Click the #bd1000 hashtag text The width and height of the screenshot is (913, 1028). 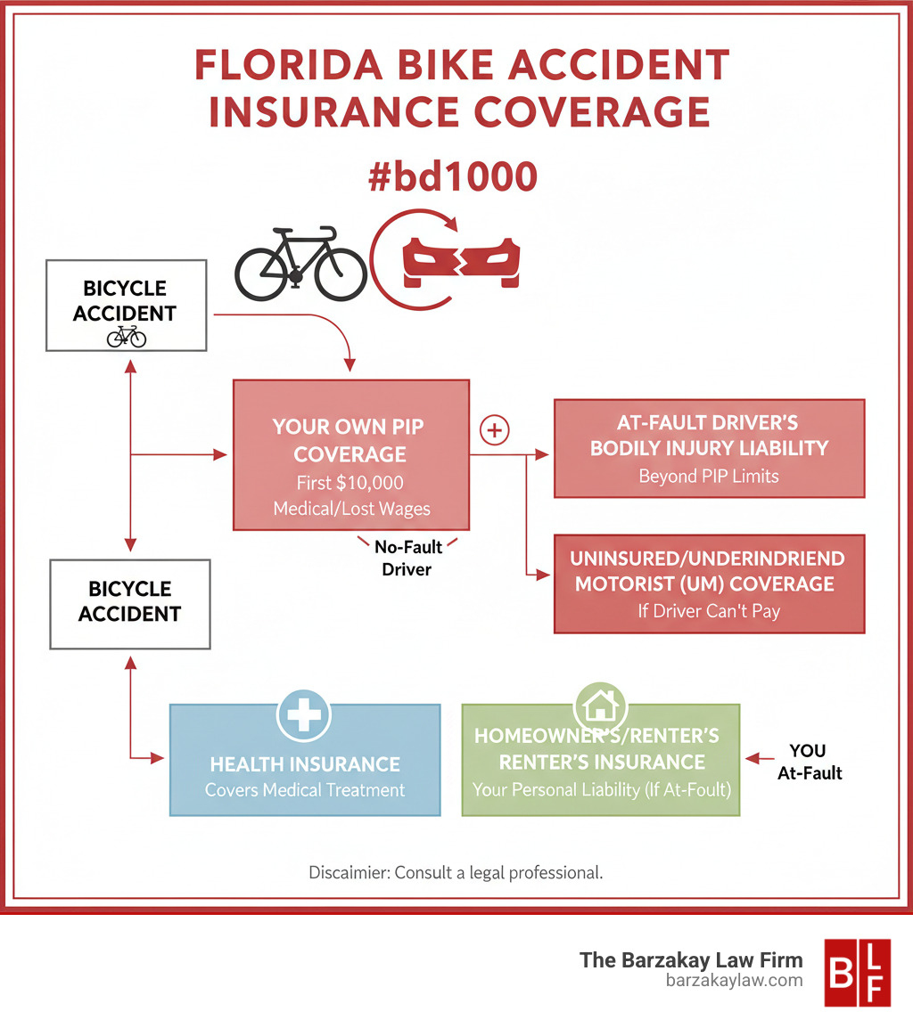pos(453,176)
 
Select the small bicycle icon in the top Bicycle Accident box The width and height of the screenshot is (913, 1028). pos(126,337)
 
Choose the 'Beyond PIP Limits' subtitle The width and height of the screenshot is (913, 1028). pos(709,476)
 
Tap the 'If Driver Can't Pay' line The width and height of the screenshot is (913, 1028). pos(709,613)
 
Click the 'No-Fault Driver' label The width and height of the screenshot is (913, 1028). pos(407,558)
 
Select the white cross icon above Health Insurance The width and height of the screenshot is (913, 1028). pos(304,714)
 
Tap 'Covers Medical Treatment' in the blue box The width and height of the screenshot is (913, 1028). pos(305,790)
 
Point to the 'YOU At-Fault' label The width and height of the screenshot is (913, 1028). pos(809,762)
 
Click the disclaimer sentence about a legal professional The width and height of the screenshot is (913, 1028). pos(456,872)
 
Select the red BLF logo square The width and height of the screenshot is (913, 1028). pos(858,972)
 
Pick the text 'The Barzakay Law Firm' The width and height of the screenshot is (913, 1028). pos(691,959)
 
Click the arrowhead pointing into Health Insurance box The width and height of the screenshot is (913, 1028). pos(160,758)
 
